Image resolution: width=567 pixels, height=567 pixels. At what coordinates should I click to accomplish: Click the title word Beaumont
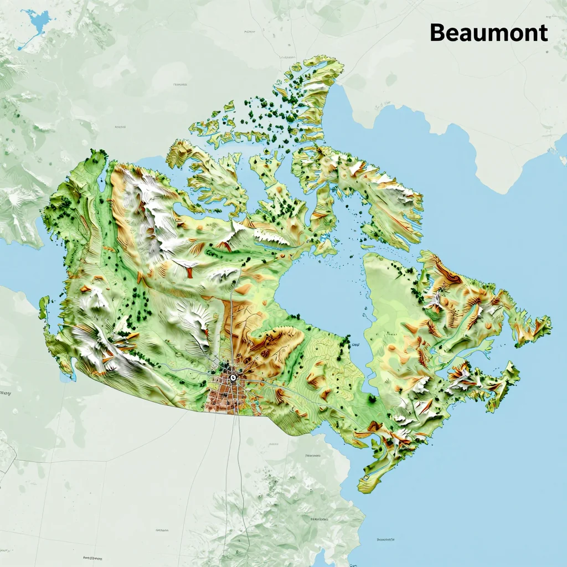(x=488, y=33)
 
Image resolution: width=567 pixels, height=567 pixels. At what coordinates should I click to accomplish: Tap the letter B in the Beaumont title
(x=438, y=33)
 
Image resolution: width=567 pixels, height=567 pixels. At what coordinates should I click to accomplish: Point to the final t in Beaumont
(x=543, y=33)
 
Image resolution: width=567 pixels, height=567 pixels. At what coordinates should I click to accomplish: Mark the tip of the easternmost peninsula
(x=548, y=321)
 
